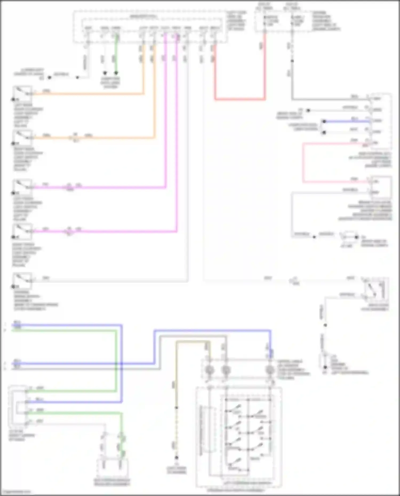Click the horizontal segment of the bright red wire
240,99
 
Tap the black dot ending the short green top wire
116,73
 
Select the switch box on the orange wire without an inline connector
23,94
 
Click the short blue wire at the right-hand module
347,121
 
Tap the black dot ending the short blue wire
324,121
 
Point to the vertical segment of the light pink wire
303,163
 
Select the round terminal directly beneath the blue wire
270,370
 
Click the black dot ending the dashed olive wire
176,458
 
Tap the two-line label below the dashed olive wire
176,470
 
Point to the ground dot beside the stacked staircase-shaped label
325,367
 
